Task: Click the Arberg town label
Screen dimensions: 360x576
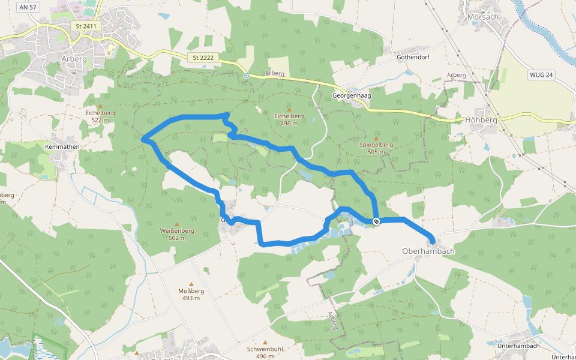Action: tap(74, 59)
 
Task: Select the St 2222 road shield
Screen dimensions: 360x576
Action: tap(203, 58)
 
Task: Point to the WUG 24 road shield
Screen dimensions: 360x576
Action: tap(541, 75)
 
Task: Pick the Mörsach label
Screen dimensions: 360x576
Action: tap(482, 17)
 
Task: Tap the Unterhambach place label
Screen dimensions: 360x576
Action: tap(519, 346)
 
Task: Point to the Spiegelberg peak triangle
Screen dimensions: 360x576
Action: tap(376, 138)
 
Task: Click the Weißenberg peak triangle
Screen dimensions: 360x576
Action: tap(176, 224)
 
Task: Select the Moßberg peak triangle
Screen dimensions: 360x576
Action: tap(192, 284)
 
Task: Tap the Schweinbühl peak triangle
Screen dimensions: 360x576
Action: tap(265, 342)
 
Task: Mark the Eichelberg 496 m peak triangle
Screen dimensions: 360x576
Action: tap(289, 110)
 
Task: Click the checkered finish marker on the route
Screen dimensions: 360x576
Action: tap(376, 222)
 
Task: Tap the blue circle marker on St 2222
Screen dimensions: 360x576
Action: tap(247, 76)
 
